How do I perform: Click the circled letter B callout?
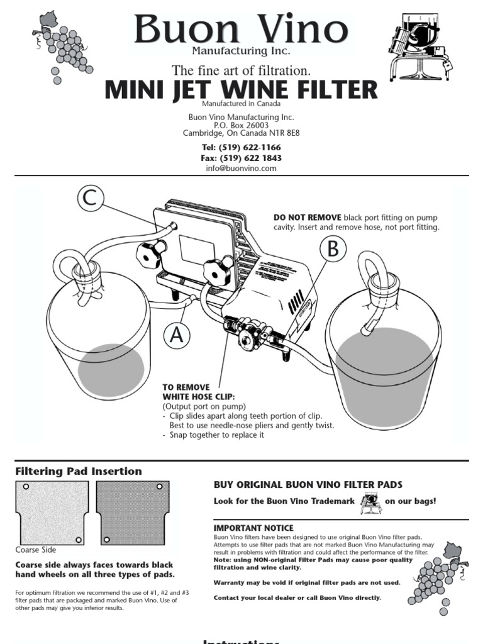coord(333,249)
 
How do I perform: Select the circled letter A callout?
coord(178,335)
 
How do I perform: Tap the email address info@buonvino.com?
coord(241,169)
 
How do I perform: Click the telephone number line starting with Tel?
coord(241,148)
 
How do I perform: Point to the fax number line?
coord(241,158)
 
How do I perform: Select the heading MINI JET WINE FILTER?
coord(241,89)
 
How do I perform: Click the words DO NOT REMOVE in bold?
coord(308,217)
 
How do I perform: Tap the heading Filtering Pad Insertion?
coord(78,471)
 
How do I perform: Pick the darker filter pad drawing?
coord(133,513)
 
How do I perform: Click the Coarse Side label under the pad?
coord(36,550)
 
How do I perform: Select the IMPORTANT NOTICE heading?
coord(253,528)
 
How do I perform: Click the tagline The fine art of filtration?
coord(241,70)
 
